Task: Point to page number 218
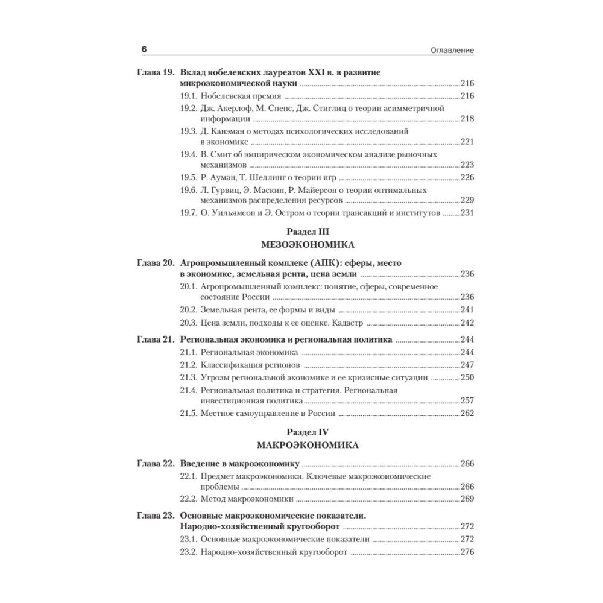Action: click(467, 119)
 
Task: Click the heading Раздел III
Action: click(306, 232)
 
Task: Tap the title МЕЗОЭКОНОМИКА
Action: click(306, 245)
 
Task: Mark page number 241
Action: click(467, 310)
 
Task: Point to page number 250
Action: click(467, 377)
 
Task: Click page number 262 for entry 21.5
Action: click(467, 414)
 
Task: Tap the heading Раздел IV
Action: click(306, 432)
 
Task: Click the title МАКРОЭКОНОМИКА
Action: click(306, 446)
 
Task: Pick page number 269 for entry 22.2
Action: click(467, 499)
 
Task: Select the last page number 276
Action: click(467, 552)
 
